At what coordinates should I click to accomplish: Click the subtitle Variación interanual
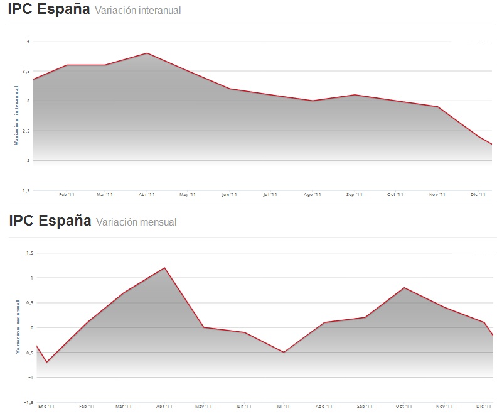pyautogui.click(x=137, y=10)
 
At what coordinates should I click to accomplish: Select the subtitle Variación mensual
pyautogui.click(x=136, y=222)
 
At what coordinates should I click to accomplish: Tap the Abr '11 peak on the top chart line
pyautogui.click(x=147, y=53)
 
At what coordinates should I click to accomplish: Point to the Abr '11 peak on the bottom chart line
pyautogui.click(x=164, y=268)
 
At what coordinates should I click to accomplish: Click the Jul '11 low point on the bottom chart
pyautogui.click(x=283, y=352)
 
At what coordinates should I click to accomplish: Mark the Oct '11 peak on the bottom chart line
pyautogui.click(x=405, y=288)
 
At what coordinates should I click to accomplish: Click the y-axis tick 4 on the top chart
pyautogui.click(x=28, y=41)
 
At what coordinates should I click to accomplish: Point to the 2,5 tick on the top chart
pyautogui.click(x=25, y=131)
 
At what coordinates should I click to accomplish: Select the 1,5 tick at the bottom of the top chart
pyautogui.click(x=25, y=190)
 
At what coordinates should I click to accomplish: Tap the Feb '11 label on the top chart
pyautogui.click(x=67, y=195)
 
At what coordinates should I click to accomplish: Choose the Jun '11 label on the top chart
pyautogui.click(x=229, y=195)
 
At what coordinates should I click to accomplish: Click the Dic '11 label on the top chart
pyautogui.click(x=478, y=195)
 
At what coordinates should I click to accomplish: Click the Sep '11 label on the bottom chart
pyautogui.click(x=364, y=407)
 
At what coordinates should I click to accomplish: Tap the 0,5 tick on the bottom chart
pyautogui.click(x=28, y=302)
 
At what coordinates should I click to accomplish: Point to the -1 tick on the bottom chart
pyautogui.click(x=29, y=377)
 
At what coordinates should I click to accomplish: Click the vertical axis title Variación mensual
pyautogui.click(x=17, y=326)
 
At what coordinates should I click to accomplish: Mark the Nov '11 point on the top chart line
pyautogui.click(x=437, y=107)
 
